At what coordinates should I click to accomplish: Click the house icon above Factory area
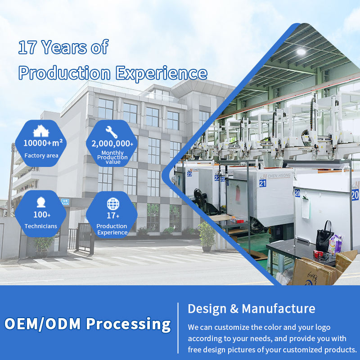point(41,131)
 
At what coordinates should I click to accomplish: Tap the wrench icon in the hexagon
point(112,132)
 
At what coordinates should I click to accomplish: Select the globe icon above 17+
point(113,204)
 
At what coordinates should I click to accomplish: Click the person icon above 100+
point(41,202)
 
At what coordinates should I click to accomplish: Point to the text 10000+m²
point(43,143)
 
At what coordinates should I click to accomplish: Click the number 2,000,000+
point(112,144)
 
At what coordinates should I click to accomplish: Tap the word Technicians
point(41,226)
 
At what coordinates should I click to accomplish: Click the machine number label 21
point(263,183)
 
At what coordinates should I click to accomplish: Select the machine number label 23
point(189,174)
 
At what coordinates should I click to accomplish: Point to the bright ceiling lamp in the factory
point(301,51)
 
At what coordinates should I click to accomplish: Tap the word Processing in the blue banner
point(128,324)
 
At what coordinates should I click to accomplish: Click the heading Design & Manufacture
point(252,308)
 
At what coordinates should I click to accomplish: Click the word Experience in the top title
point(162,73)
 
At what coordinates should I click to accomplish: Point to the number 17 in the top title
point(27,47)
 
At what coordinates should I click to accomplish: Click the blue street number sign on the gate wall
point(65,202)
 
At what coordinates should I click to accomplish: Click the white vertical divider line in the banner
point(178,328)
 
